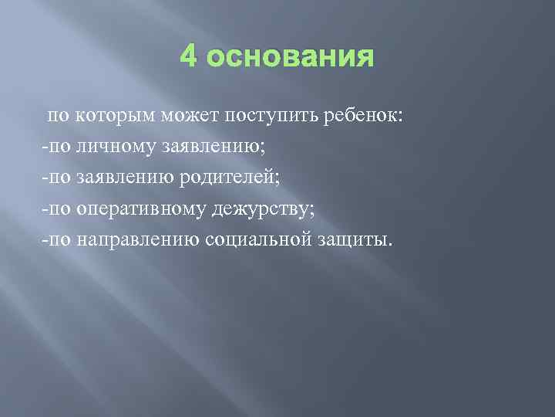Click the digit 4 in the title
click(x=188, y=57)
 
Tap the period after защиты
click(x=390, y=245)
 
